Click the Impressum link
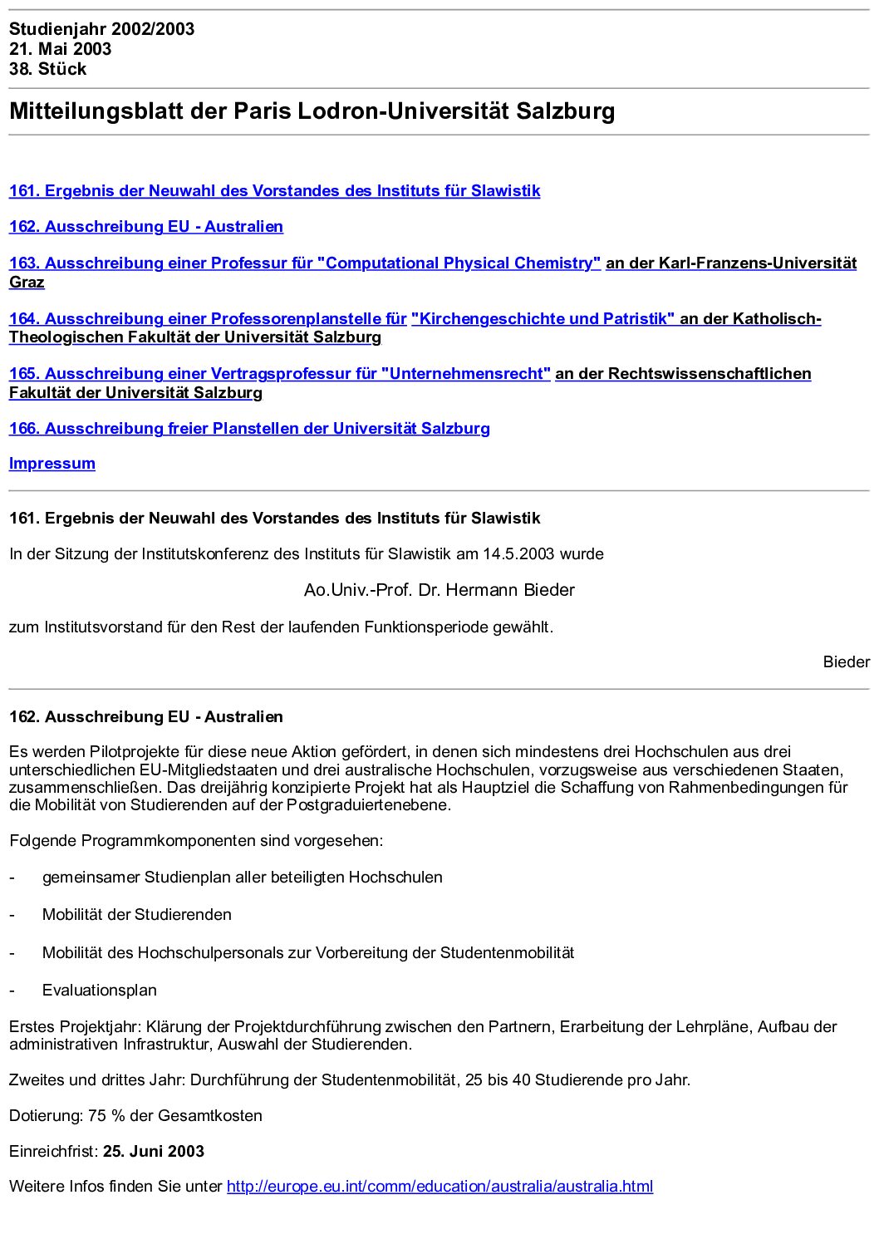52,464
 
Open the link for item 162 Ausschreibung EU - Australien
145,227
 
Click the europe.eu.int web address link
439,1187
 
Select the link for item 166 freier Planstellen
249,429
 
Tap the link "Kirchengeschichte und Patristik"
543,319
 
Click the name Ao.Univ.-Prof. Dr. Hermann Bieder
439,590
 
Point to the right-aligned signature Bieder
846,662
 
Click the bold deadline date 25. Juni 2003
154,1152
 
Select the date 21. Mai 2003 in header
60,49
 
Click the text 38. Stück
47,69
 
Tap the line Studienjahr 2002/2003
101,29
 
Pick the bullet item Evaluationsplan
99,991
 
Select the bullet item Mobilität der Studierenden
136,915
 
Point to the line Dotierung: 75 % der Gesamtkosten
135,1116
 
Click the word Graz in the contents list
27,283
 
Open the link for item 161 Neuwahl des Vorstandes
274,191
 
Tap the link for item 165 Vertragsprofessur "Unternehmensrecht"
279,374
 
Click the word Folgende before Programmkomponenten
43,841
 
